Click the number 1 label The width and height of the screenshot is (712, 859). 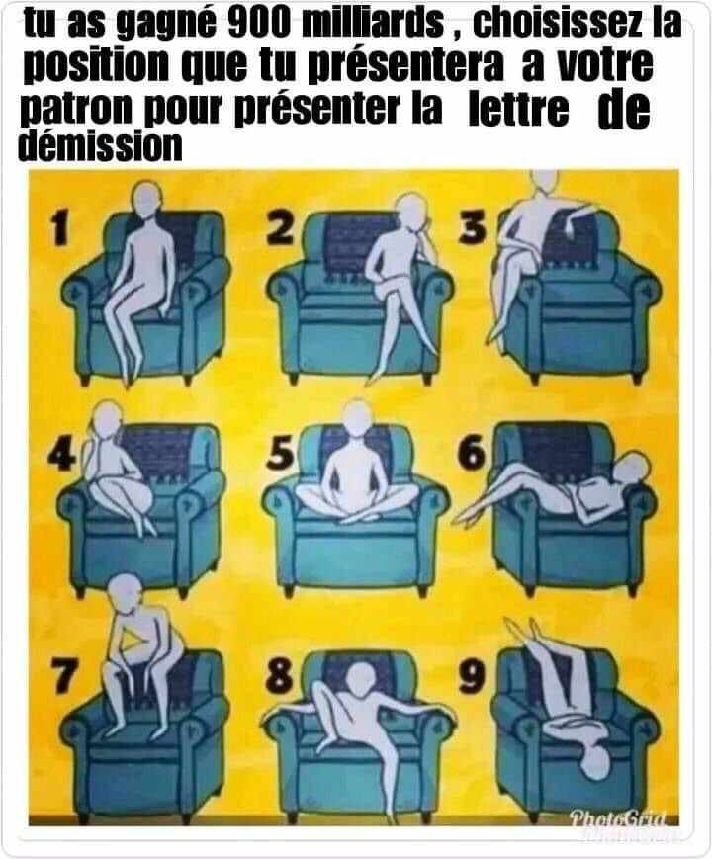[x=60, y=228]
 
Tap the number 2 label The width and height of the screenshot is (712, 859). [x=281, y=227]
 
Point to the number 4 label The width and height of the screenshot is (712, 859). [x=62, y=454]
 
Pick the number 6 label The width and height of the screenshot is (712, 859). [x=472, y=454]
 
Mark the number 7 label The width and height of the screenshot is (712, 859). [x=63, y=675]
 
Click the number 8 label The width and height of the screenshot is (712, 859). [x=279, y=675]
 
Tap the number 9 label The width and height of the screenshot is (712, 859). [x=472, y=675]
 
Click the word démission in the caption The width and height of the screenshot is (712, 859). [x=100, y=146]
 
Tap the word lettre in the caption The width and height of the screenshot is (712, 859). [x=518, y=109]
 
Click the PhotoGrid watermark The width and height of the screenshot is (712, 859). [x=617, y=819]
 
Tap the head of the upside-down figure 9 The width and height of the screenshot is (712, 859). [x=595, y=760]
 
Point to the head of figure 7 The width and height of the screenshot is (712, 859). [x=126, y=595]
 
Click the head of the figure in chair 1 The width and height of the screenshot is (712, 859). [x=148, y=201]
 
